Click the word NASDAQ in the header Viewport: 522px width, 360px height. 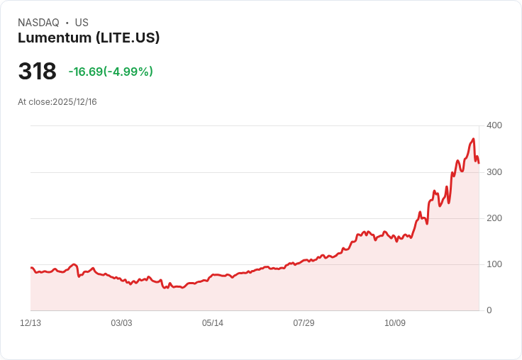(x=38, y=23)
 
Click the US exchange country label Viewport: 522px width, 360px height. (x=82, y=23)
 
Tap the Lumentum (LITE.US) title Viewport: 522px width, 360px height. (x=89, y=38)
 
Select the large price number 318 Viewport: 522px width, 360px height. (x=37, y=72)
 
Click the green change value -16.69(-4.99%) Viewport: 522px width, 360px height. (x=111, y=72)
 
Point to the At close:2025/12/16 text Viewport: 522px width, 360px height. (x=57, y=102)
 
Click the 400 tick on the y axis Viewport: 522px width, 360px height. (x=494, y=125)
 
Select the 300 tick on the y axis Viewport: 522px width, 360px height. (x=494, y=171)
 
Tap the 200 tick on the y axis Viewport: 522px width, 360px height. (x=494, y=218)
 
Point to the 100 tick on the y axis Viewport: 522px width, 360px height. (x=494, y=264)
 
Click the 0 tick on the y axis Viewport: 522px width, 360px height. (x=489, y=310)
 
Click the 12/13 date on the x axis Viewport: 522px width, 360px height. (x=30, y=323)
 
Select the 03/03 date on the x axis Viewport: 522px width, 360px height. (x=121, y=323)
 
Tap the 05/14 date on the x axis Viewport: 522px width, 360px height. (x=213, y=323)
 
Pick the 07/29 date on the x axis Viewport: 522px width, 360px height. (x=304, y=323)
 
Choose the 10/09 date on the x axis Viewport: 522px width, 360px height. (x=395, y=323)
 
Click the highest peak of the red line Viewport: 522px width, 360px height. (x=473, y=139)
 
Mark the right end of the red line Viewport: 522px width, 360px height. (x=479, y=163)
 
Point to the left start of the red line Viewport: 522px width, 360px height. (x=31, y=267)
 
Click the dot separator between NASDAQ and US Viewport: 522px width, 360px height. (x=67, y=23)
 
